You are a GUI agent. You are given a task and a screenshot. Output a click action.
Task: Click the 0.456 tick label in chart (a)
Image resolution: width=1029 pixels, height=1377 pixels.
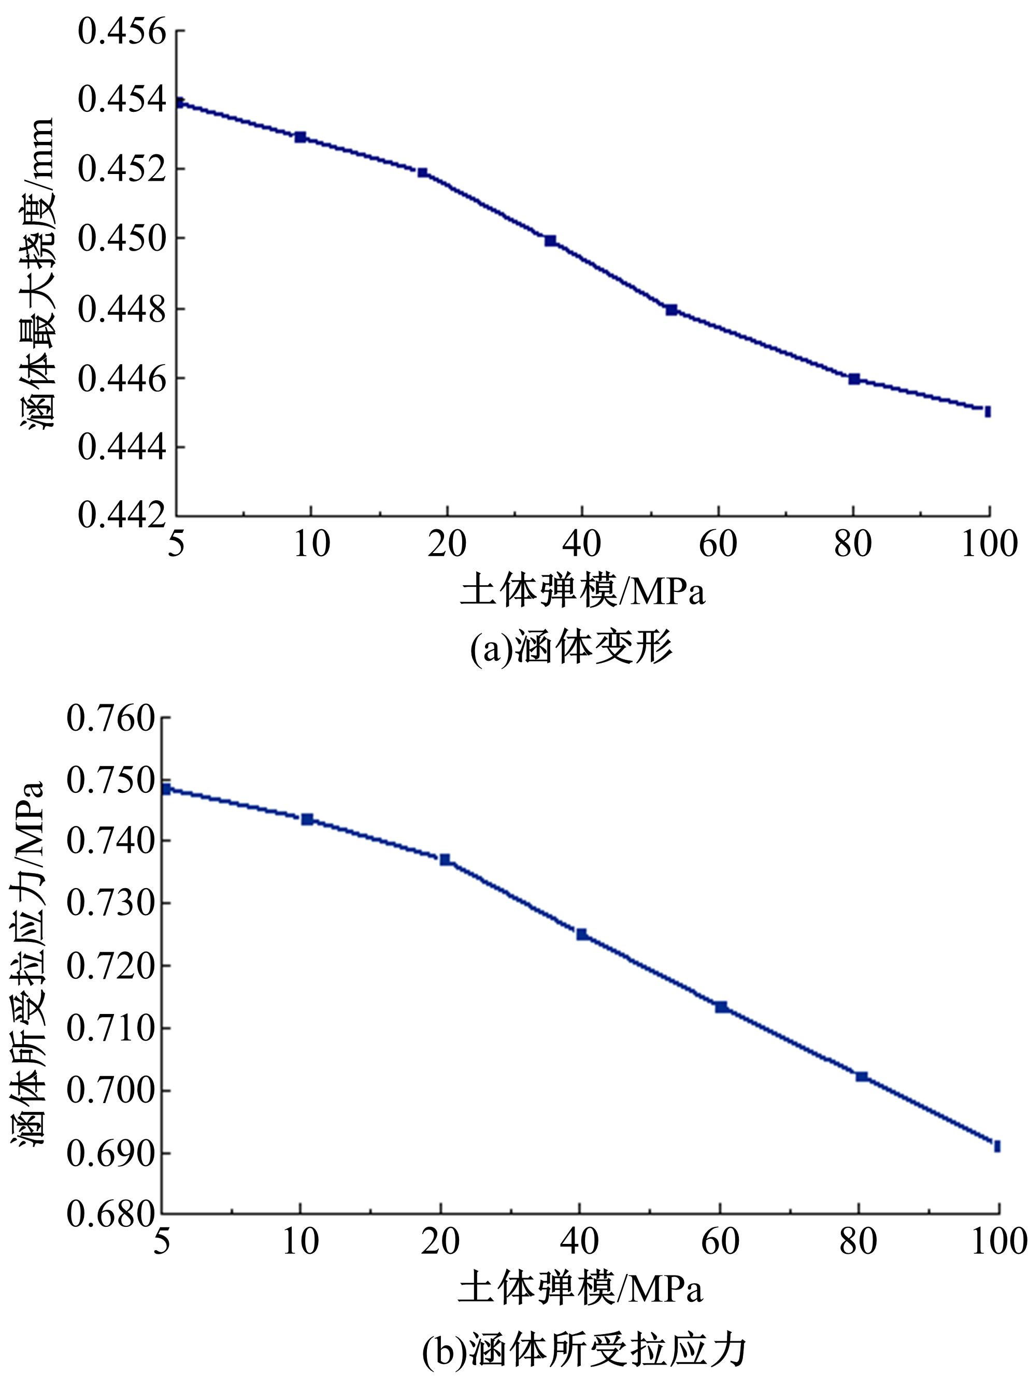click(123, 31)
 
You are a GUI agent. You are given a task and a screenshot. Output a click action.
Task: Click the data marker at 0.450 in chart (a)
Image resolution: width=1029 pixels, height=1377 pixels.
click(551, 241)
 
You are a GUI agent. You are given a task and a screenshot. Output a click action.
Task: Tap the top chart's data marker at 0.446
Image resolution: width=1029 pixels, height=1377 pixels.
click(854, 379)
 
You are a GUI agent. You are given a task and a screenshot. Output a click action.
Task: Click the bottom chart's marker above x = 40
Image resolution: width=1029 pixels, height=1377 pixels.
click(582, 934)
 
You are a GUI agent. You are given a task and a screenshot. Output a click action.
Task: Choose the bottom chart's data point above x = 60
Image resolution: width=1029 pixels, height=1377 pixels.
click(721, 1007)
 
